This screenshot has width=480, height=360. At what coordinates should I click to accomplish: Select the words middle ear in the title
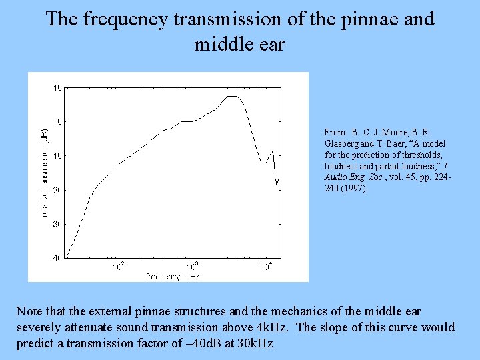(239, 44)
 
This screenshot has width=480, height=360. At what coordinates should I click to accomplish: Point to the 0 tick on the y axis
(60, 122)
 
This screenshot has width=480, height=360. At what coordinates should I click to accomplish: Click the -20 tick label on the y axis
(57, 189)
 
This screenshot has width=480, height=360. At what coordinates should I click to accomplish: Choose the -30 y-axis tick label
(57, 223)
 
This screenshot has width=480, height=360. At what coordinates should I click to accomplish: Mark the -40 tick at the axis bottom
(57, 257)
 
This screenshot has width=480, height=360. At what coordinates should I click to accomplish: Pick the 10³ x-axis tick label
(192, 267)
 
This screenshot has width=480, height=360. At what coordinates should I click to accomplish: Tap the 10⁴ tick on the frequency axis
(266, 267)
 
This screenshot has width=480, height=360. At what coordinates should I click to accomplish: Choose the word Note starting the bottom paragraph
(29, 311)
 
